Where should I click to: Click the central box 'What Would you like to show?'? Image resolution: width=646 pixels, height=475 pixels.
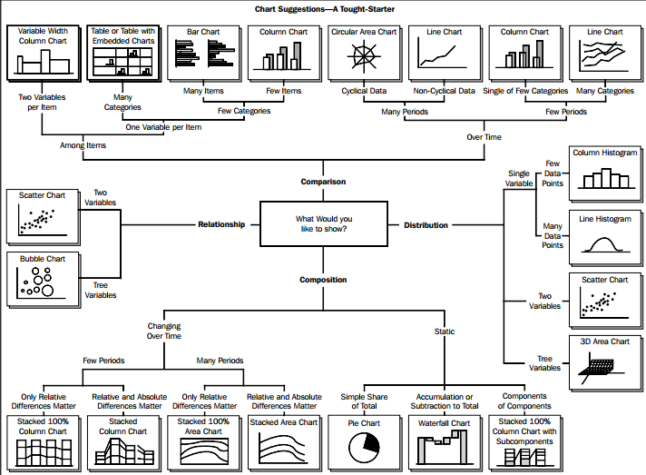(x=323, y=224)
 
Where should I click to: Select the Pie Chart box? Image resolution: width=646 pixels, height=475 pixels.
(x=364, y=442)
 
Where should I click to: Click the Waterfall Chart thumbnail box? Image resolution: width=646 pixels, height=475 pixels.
(x=445, y=442)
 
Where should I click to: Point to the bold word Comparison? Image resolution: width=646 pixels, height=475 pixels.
(x=323, y=182)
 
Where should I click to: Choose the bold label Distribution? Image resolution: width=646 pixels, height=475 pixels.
(x=426, y=225)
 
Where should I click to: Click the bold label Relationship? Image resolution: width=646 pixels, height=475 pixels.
(x=221, y=224)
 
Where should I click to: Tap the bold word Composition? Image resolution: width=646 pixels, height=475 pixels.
(x=323, y=280)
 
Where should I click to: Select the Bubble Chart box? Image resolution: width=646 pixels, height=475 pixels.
(x=43, y=279)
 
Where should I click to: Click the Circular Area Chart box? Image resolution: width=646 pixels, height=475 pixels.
(x=364, y=53)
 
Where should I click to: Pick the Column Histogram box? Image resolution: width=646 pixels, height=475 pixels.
(x=605, y=173)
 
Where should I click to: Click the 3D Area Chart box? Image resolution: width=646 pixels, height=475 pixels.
(x=605, y=362)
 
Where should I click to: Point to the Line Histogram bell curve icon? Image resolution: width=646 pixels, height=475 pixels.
(x=604, y=244)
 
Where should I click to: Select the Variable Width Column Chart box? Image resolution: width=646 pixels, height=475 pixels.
(x=43, y=53)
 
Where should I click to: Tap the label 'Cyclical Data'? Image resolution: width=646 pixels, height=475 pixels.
(x=364, y=91)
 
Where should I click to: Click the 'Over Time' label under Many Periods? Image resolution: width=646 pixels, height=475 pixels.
(x=484, y=137)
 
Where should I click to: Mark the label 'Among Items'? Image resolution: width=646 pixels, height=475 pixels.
(x=83, y=145)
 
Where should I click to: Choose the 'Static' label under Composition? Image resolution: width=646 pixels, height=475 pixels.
(x=445, y=332)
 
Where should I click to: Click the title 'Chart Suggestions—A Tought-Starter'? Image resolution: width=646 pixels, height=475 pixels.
(x=325, y=9)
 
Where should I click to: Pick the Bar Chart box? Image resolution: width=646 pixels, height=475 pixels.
(x=203, y=53)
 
